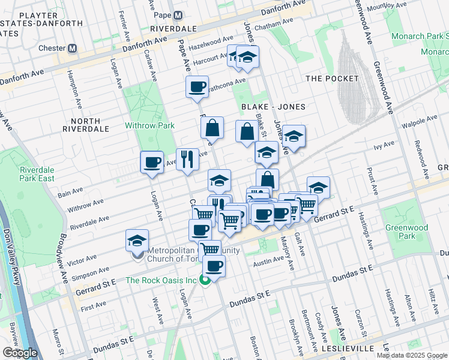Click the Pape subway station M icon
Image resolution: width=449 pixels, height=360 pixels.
point(178,15)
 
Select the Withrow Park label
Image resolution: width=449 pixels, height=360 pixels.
point(149,125)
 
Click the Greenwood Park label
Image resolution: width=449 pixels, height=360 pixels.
point(407,232)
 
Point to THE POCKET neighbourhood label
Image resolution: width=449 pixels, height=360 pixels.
point(332,79)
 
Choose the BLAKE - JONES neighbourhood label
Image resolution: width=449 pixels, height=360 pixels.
point(273,107)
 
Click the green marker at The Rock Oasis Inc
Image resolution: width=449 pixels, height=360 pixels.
point(205,280)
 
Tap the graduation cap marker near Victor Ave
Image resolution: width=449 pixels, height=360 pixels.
point(137,241)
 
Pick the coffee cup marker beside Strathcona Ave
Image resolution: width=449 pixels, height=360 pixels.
point(197,88)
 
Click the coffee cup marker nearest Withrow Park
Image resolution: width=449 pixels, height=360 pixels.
point(152,162)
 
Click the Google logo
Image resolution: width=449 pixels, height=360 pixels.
point(20,353)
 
